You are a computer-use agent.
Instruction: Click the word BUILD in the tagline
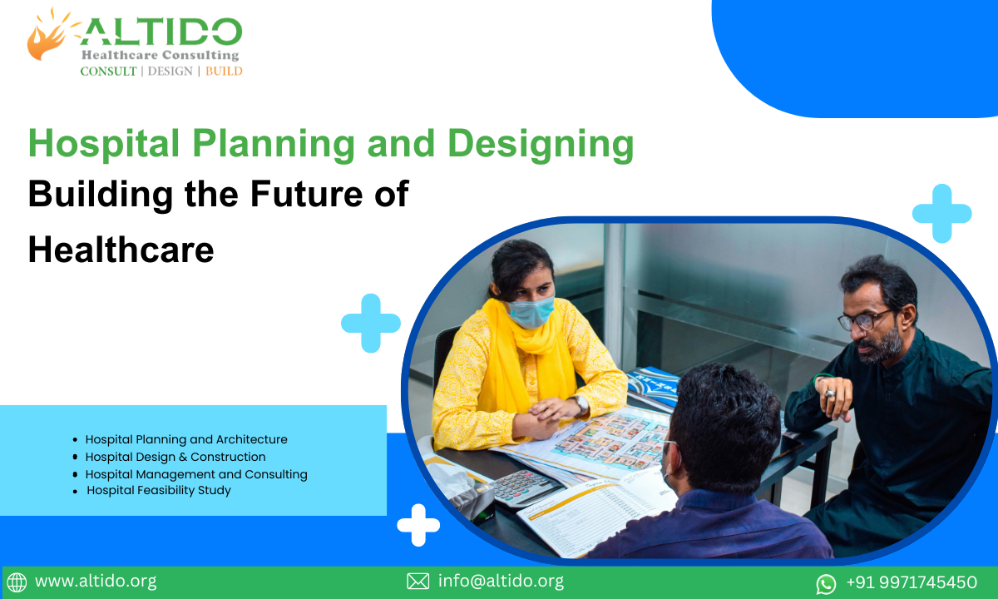click(224, 72)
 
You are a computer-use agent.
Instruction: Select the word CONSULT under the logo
click(108, 72)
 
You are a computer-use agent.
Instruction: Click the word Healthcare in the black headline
click(121, 250)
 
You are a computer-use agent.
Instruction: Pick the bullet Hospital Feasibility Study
click(159, 490)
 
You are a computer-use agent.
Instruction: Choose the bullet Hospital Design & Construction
click(175, 457)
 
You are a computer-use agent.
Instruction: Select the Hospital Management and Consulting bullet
click(196, 474)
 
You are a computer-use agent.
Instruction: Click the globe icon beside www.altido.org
click(17, 582)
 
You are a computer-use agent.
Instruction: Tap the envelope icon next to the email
click(417, 582)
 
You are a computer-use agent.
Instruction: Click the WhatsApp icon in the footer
click(826, 583)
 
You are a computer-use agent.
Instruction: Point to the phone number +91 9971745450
click(911, 582)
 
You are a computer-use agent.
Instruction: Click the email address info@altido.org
click(501, 582)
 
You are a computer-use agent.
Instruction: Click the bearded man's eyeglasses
click(865, 320)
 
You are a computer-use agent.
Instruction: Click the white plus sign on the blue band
click(418, 524)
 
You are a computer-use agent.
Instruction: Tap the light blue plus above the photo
click(941, 214)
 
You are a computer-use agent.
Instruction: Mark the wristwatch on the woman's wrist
click(580, 403)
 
